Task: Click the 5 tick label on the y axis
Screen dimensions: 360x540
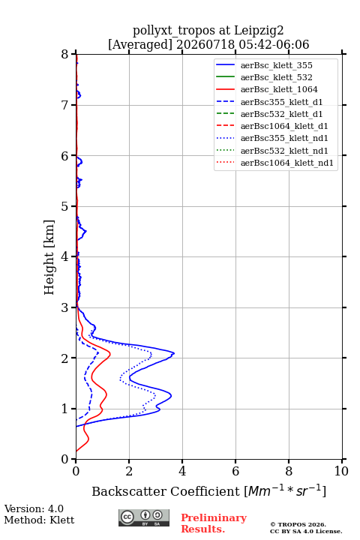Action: click(x=65, y=206)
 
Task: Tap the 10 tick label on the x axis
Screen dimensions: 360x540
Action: click(x=341, y=471)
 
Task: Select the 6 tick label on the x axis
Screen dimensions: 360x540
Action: click(x=235, y=471)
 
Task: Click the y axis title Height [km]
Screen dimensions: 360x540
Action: click(x=49, y=257)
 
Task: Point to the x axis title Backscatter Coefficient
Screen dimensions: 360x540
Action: click(x=165, y=491)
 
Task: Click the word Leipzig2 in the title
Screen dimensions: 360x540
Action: click(x=259, y=31)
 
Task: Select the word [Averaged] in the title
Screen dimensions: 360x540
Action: click(x=139, y=44)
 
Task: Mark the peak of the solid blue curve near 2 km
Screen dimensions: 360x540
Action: click(x=174, y=353)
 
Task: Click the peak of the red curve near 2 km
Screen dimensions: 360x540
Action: click(x=110, y=354)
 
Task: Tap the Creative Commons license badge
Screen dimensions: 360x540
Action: click(x=144, y=518)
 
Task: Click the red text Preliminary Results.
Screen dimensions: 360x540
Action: click(x=214, y=523)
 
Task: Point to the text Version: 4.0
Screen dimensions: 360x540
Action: click(x=34, y=508)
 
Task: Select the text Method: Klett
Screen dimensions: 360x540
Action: click(x=39, y=520)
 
